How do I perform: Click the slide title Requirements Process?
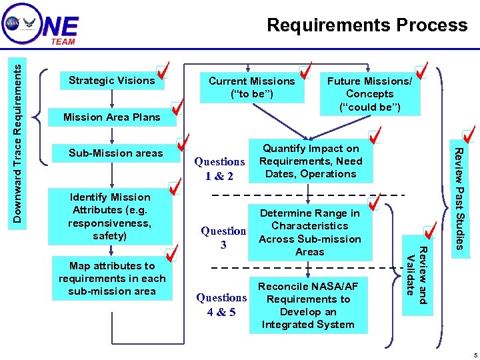click(x=367, y=25)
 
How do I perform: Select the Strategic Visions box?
click(x=111, y=81)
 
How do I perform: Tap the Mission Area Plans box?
click(x=111, y=117)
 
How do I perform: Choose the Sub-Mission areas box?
click(x=115, y=153)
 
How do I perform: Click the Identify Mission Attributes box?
click(x=111, y=216)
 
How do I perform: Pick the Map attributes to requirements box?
click(x=111, y=279)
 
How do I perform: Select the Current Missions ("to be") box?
click(x=251, y=87)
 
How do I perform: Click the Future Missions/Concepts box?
click(x=369, y=94)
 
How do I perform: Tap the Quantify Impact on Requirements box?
click(x=310, y=161)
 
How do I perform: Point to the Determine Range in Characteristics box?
click(x=310, y=233)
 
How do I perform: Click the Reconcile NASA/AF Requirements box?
click(x=308, y=305)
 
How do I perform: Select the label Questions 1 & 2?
click(x=219, y=169)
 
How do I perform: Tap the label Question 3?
click(x=223, y=238)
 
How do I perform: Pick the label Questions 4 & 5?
click(x=221, y=304)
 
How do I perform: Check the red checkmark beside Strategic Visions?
click(x=161, y=70)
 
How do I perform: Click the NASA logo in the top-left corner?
click(x=13, y=23)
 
